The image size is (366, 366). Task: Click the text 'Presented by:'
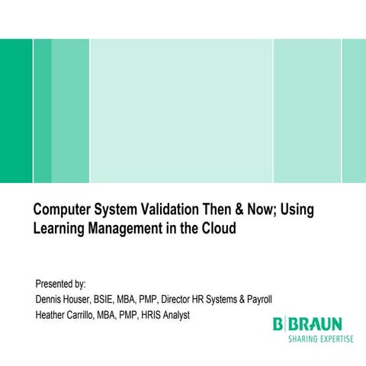pyautogui.click(x=61, y=284)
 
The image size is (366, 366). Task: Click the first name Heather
pyautogui.click(x=54, y=313)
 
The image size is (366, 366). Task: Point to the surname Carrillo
pyautogui.click(x=95, y=313)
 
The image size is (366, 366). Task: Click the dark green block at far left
pyautogui.click(x=16, y=111)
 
